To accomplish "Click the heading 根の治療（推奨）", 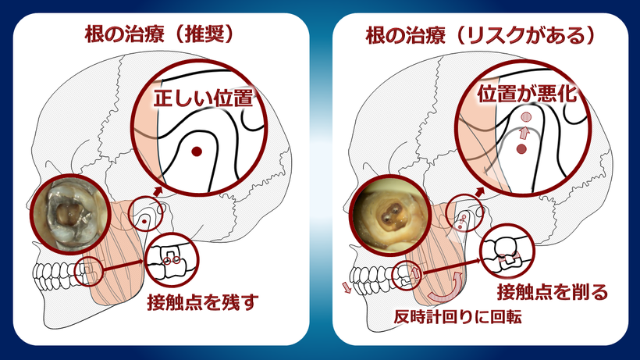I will [160, 35].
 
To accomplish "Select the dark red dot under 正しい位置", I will [197, 151].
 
